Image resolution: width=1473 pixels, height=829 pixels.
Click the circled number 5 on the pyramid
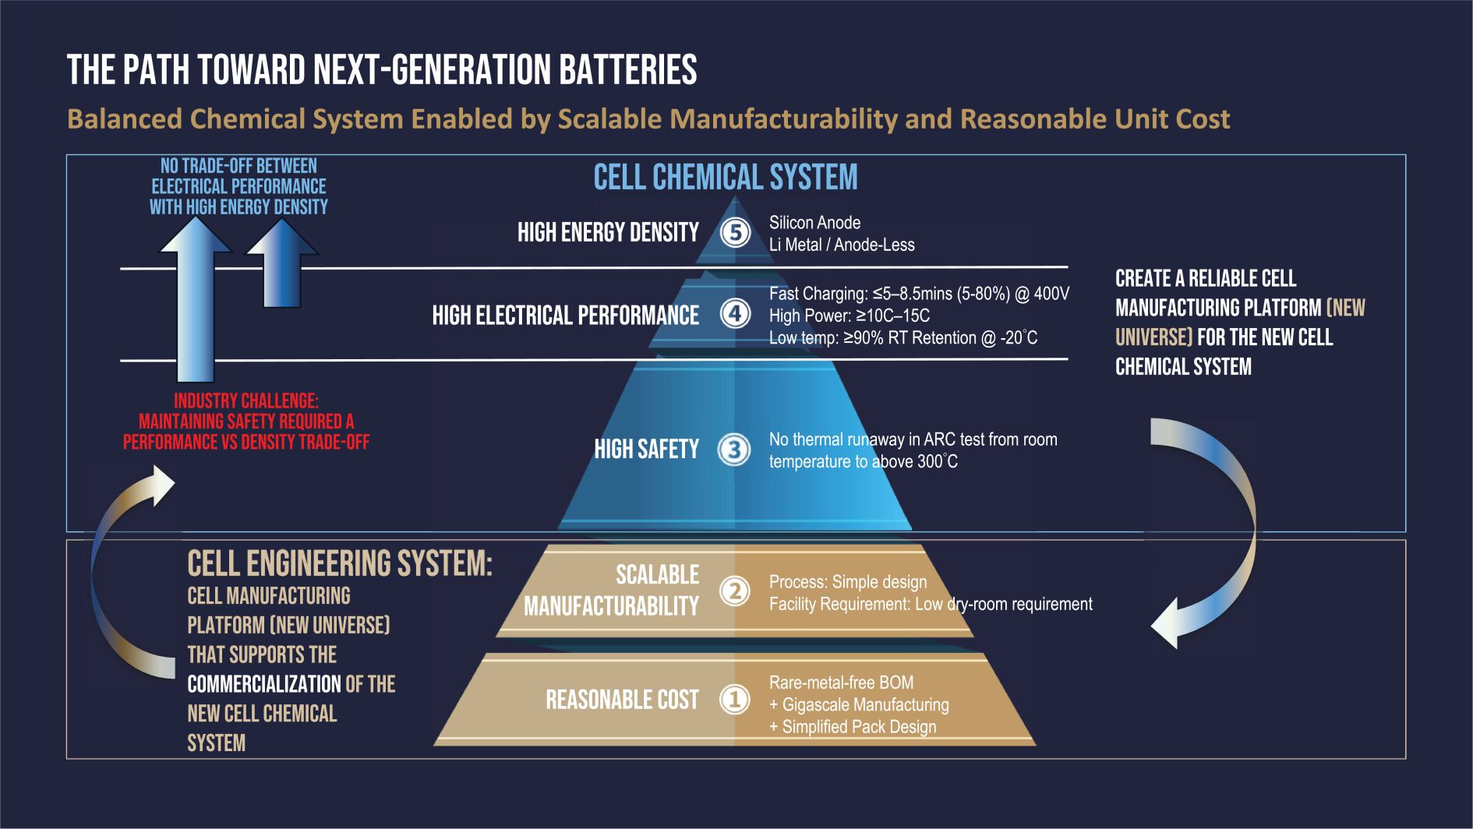pyautogui.click(x=735, y=232)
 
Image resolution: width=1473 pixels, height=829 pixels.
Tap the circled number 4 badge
pyautogui.click(x=735, y=314)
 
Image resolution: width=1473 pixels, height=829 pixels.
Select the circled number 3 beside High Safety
pyautogui.click(x=734, y=449)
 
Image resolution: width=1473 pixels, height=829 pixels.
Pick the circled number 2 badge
pyautogui.click(x=734, y=591)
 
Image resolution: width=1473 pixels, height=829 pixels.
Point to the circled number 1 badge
pyautogui.click(x=734, y=699)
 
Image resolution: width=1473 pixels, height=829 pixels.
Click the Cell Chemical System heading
pyautogui.click(x=726, y=178)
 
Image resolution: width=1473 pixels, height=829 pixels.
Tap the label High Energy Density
pyautogui.click(x=608, y=232)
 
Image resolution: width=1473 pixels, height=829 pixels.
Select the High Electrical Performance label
pyautogui.click(x=565, y=315)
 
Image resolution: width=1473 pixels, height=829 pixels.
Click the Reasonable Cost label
pyautogui.click(x=622, y=700)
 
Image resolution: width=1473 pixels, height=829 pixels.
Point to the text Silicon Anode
pyautogui.click(x=814, y=223)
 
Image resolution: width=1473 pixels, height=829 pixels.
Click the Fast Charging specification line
pyautogui.click(x=919, y=294)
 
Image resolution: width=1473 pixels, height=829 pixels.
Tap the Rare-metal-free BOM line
pyautogui.click(x=841, y=683)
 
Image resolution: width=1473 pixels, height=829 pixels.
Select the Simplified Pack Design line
pyautogui.click(x=853, y=727)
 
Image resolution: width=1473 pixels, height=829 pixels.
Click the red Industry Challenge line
pyautogui.click(x=246, y=400)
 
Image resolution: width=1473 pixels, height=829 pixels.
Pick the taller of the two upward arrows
pyautogui.click(x=196, y=299)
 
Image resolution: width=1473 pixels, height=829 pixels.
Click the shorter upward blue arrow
pyautogui.click(x=282, y=263)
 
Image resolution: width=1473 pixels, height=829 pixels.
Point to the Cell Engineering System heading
pyautogui.click(x=340, y=563)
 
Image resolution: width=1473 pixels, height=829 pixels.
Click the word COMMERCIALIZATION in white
pyautogui.click(x=264, y=684)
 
